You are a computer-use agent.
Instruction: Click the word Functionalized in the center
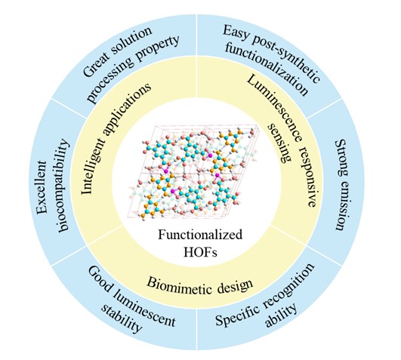tap(200, 235)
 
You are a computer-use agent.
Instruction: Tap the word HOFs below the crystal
tap(200, 252)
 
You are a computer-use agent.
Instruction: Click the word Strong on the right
tap(342, 158)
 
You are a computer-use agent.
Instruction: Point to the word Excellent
tap(42, 186)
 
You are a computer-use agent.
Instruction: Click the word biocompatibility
tap(63, 186)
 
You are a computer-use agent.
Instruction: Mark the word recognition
tap(286, 285)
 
